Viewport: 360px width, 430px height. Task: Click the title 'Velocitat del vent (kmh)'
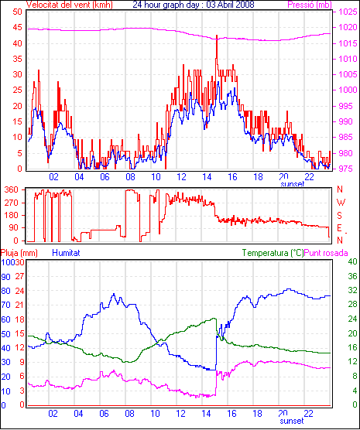pos(70,5)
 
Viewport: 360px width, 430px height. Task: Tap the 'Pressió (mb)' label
pos(310,5)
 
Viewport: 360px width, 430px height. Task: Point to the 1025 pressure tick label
pos(348,12)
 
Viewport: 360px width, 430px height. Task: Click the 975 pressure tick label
pos(348,169)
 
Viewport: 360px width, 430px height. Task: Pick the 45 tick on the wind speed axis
pos(17,27)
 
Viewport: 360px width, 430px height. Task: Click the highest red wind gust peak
pos(217,36)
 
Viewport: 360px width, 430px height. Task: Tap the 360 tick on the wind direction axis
pos(12,189)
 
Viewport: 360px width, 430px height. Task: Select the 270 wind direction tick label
pos(12,203)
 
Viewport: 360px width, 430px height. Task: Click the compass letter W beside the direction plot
pos(341,203)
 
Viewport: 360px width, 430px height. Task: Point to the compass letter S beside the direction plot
pos(340,216)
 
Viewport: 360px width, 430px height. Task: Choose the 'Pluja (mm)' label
pos(19,253)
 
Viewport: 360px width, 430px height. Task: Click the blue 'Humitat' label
pos(66,253)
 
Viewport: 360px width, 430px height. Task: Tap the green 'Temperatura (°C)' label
pos(273,253)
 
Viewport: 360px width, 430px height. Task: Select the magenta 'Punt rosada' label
pos(326,253)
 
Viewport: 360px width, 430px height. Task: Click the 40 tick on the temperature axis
pos(352,261)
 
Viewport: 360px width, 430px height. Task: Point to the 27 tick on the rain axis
pos(19,276)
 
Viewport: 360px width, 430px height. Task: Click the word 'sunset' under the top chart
pos(292,183)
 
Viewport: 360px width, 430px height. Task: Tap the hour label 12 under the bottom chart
pos(180,413)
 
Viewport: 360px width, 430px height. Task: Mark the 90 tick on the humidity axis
pos(5,277)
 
